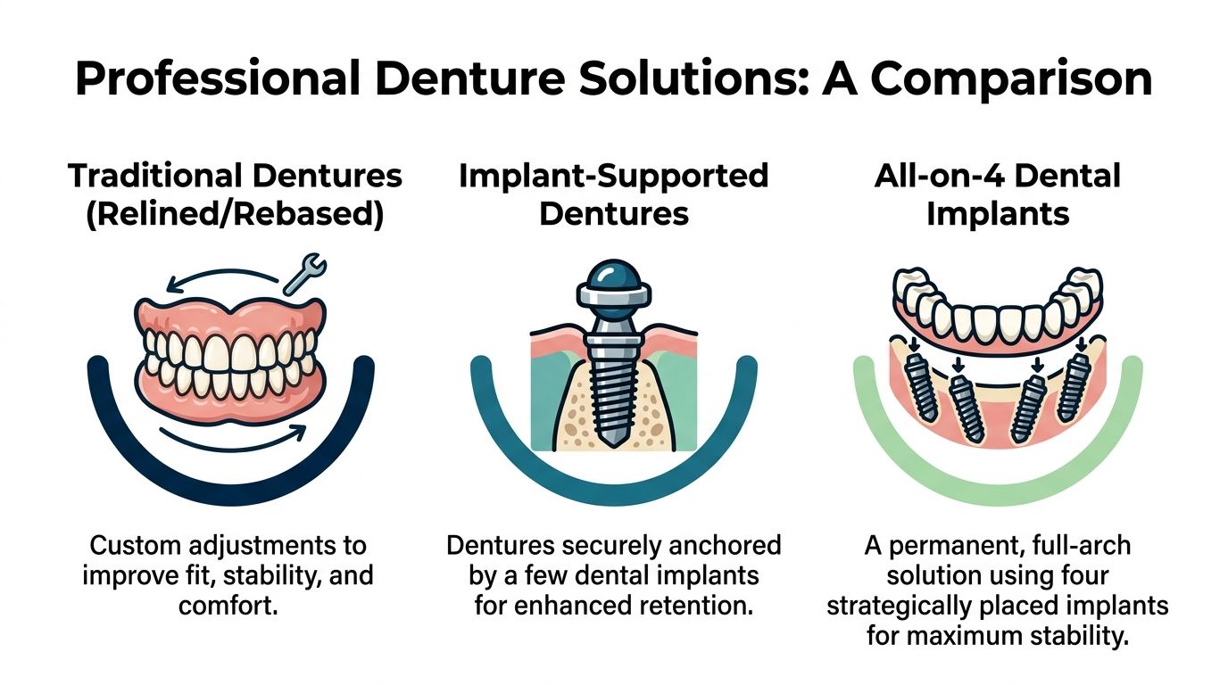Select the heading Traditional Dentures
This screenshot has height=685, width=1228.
click(x=236, y=176)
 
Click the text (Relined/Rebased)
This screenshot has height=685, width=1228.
click(x=236, y=216)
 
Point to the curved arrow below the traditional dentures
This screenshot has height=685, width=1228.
click(x=232, y=438)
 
